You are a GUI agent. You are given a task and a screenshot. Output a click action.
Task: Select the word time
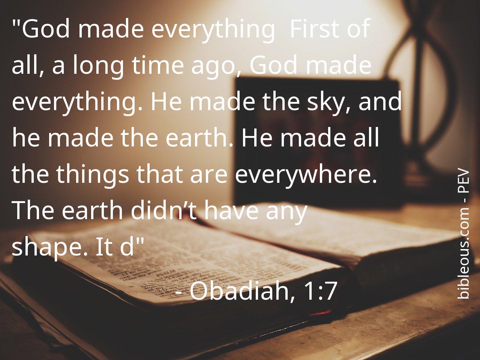[x=158, y=65]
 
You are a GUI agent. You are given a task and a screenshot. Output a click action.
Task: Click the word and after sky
[x=380, y=102]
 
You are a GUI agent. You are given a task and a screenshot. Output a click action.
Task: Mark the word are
[x=209, y=176]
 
